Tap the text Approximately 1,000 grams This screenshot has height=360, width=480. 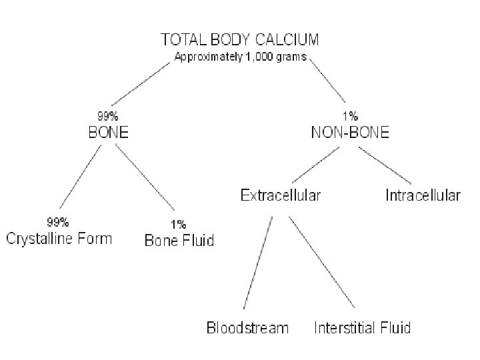tap(240, 57)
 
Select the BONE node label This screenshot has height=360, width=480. tap(109, 132)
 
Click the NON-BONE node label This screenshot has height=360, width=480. tap(351, 132)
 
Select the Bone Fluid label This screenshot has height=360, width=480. tap(179, 240)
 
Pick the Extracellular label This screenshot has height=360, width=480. tap(280, 195)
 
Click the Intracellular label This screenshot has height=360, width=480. tap(423, 195)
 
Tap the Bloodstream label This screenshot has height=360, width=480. tap(247, 327)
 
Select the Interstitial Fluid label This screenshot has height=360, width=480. tap(363, 327)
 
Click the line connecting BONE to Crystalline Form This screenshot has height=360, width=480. tap(81, 177)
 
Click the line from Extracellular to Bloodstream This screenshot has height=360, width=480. tap(257, 263)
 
